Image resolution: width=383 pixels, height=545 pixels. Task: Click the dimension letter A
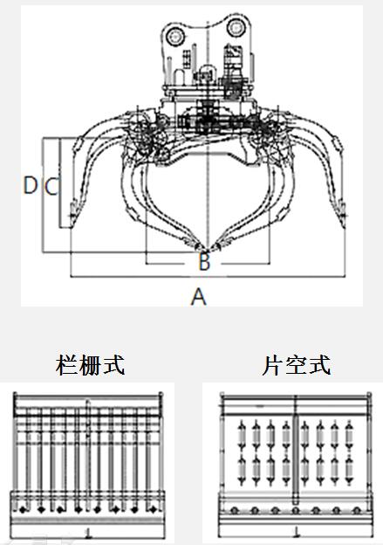(x=199, y=297)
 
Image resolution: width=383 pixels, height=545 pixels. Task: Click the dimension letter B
(x=204, y=262)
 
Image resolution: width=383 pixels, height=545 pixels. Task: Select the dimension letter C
(x=51, y=186)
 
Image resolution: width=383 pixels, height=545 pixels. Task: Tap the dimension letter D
(x=31, y=185)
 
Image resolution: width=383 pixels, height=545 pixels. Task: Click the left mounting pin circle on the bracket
(x=175, y=36)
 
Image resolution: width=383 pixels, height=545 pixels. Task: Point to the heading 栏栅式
(x=90, y=365)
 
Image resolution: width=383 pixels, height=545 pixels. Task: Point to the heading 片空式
(x=296, y=365)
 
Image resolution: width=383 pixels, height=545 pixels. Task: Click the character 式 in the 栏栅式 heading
(x=113, y=365)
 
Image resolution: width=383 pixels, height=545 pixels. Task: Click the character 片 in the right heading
(x=272, y=365)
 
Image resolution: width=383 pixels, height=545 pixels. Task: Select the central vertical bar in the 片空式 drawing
(x=296, y=459)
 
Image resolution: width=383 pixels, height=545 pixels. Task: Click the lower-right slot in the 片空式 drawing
(x=349, y=470)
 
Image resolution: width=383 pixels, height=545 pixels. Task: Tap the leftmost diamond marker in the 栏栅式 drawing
(x=23, y=510)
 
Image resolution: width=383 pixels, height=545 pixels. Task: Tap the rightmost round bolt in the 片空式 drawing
(x=356, y=511)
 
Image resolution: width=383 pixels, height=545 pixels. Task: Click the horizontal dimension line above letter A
(x=208, y=277)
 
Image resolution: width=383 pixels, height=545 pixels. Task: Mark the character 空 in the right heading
(x=296, y=365)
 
